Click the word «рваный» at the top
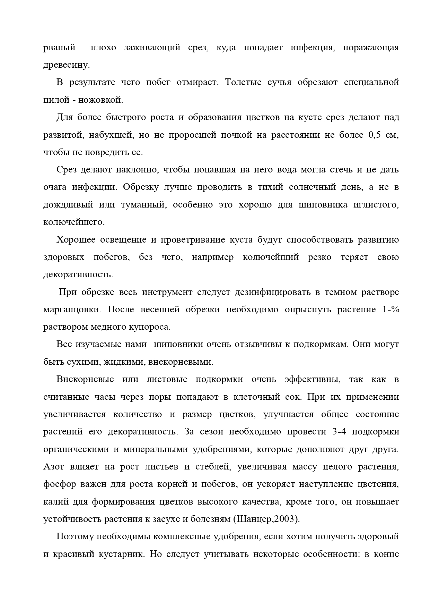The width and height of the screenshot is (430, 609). [x=59, y=48]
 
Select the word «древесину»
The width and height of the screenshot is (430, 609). [x=66, y=65]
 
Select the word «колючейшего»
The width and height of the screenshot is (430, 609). [x=73, y=222]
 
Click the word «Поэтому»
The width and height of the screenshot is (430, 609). [x=74, y=536]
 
